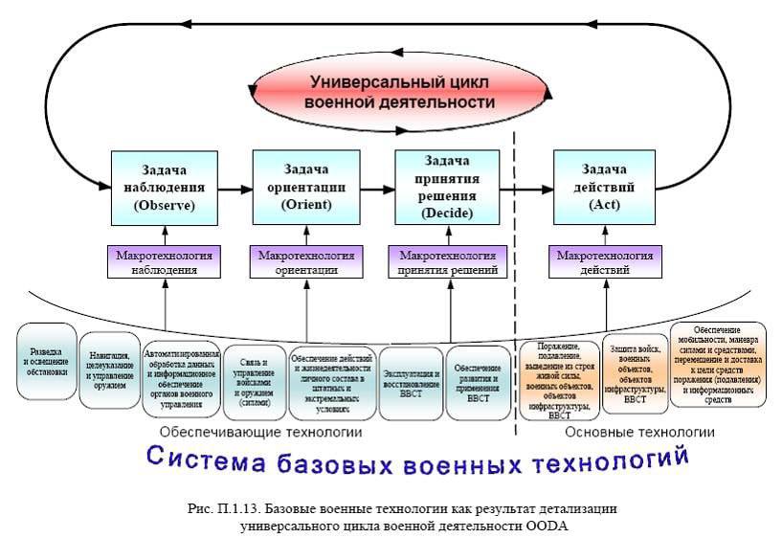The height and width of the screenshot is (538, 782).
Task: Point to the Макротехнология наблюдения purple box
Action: pos(165,262)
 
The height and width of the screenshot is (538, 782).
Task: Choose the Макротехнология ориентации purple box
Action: pos(306,262)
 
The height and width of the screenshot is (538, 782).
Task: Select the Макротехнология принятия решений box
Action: pos(449,262)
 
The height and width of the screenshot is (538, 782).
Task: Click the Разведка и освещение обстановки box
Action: pos(47,361)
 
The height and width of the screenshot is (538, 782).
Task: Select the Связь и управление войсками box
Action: pos(255,382)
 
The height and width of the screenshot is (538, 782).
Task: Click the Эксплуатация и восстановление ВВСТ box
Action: pos(412,382)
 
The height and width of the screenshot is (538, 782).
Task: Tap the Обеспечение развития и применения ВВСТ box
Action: pos(479,382)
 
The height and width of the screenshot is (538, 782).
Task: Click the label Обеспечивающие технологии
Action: pos(260,433)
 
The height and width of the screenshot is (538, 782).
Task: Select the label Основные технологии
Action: pos(639,433)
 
